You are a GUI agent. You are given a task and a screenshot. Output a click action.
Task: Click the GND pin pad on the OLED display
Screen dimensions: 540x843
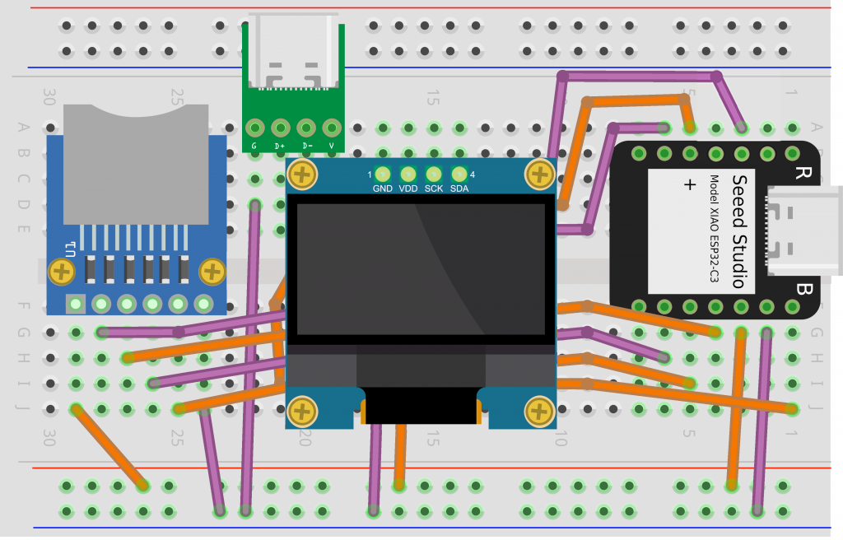point(382,175)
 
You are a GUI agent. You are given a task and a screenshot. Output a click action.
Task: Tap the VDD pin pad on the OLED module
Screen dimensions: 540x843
point(408,175)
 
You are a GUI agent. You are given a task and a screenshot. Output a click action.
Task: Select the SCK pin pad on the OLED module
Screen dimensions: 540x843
point(433,175)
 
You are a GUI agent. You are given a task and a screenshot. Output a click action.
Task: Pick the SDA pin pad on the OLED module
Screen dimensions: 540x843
point(459,175)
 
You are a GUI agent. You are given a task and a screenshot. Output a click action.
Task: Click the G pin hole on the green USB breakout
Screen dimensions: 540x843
point(255,128)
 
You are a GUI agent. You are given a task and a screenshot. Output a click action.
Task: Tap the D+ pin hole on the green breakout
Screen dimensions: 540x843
point(281,128)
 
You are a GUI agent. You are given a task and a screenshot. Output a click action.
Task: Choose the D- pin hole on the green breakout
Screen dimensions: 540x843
point(306,128)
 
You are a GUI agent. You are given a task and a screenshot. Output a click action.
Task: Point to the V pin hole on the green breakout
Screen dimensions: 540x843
point(332,128)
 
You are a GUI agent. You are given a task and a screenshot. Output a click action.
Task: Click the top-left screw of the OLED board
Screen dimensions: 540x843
point(304,175)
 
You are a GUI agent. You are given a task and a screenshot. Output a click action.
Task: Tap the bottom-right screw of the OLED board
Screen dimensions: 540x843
point(540,409)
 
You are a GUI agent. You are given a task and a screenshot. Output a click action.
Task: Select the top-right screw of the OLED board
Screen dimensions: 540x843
point(540,175)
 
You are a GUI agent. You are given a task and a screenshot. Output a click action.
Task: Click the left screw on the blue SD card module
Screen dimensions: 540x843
point(61,270)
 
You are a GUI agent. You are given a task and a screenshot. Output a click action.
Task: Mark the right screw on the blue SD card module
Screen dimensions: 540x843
point(212,270)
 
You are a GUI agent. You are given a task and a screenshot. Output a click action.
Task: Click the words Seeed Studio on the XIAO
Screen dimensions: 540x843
point(738,231)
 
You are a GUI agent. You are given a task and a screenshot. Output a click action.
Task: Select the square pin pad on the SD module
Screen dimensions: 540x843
point(76,305)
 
